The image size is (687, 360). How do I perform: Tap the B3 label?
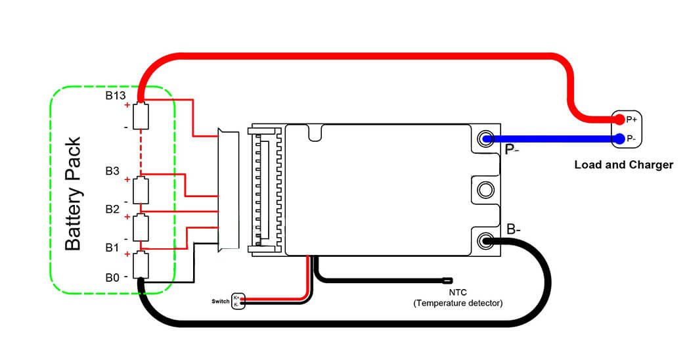[x=112, y=171]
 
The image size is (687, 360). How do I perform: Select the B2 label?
[x=112, y=210]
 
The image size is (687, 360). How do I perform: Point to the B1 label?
[x=112, y=248]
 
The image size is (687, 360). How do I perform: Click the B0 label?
[x=112, y=278]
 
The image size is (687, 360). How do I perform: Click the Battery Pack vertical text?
[x=73, y=194]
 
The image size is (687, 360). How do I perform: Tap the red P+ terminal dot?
[x=619, y=120]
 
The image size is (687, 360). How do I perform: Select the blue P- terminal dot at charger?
[x=619, y=139]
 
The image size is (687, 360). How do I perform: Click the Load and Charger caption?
[x=623, y=165]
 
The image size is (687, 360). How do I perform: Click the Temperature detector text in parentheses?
[x=458, y=303]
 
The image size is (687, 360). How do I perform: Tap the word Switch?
[x=221, y=301]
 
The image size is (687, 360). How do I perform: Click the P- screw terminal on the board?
[x=486, y=139]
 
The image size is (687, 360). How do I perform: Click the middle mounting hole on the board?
[x=486, y=190]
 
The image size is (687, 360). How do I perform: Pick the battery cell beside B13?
[x=141, y=116]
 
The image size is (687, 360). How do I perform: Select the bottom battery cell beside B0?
[x=141, y=265]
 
